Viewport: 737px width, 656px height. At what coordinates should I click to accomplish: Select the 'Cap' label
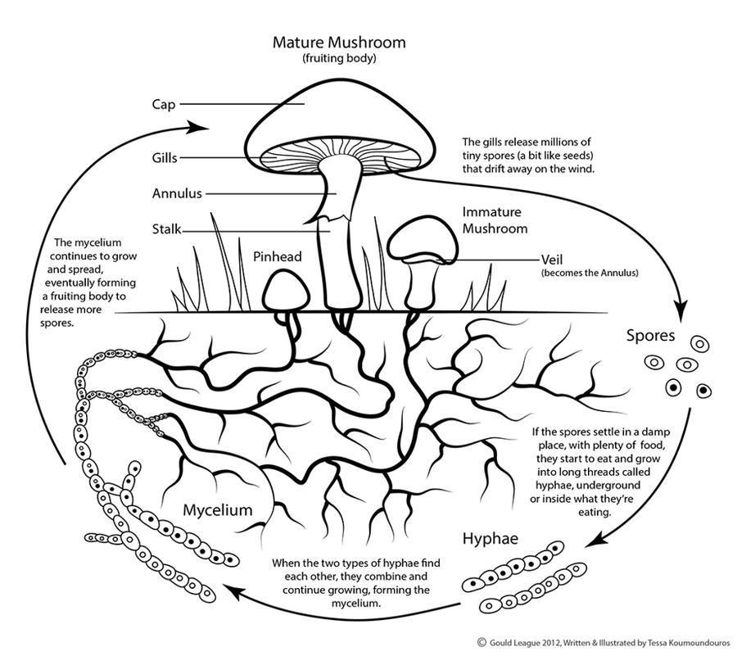164,105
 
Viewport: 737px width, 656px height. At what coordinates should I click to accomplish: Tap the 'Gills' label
165,156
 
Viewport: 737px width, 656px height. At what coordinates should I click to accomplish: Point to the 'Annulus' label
177,194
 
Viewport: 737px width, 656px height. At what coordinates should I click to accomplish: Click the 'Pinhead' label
278,256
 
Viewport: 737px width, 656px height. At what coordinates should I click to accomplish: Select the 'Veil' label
554,260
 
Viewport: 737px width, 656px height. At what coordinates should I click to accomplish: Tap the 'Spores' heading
651,335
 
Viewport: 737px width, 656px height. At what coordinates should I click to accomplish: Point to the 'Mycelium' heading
217,509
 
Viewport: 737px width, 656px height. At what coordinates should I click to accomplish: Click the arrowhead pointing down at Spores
680,310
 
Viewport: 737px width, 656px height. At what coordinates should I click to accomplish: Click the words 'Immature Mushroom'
495,219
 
